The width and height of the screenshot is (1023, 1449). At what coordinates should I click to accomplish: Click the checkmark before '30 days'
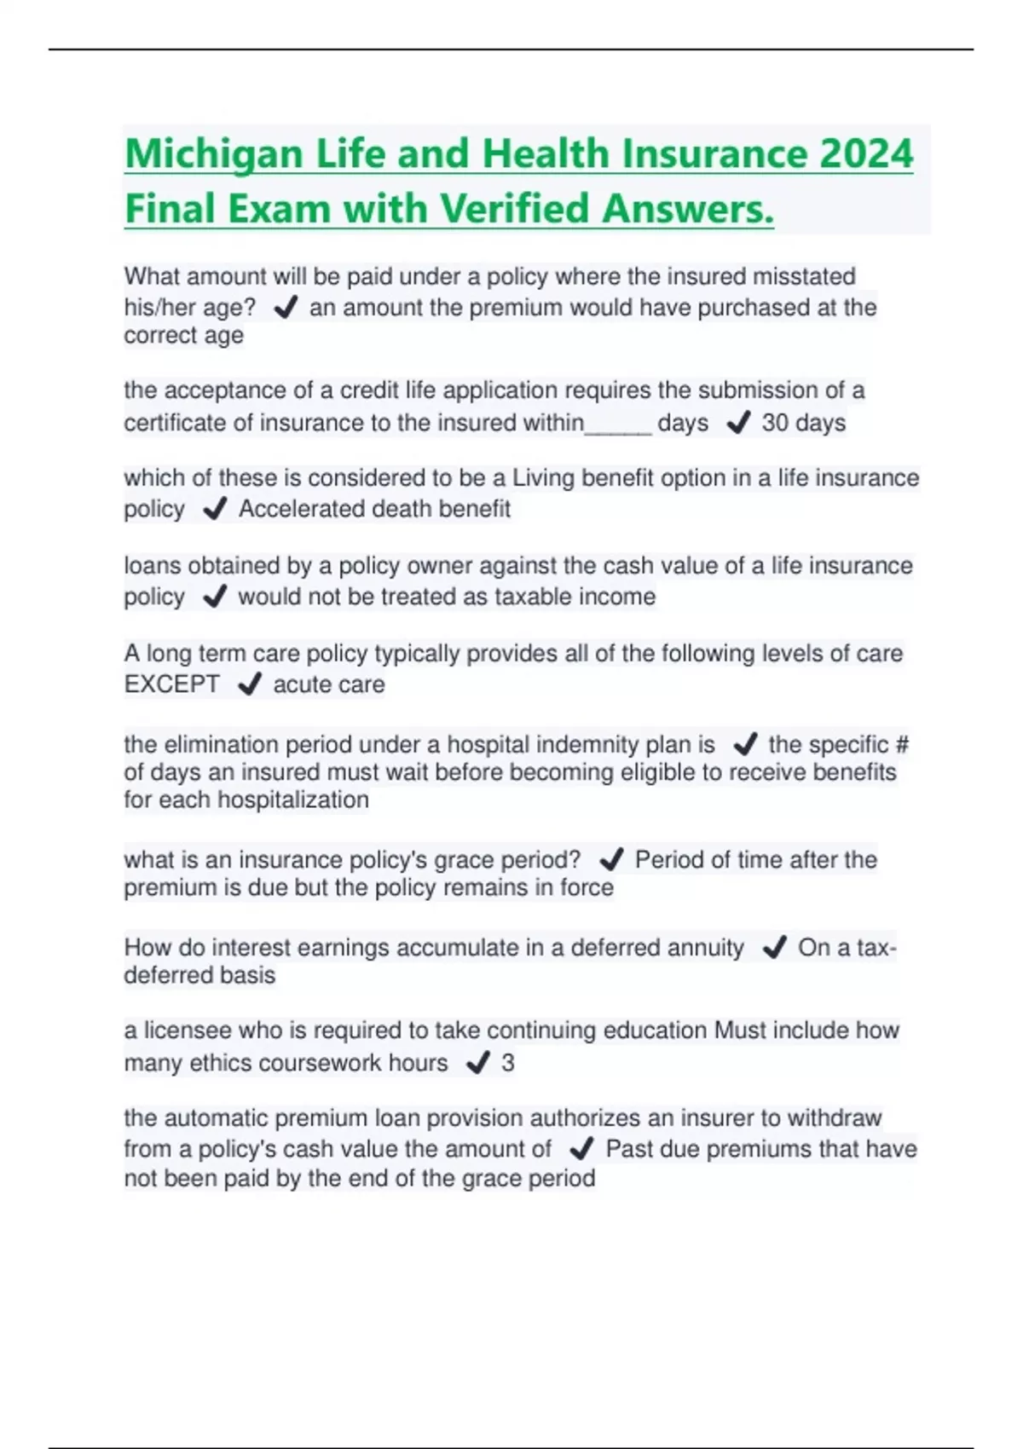[x=737, y=423]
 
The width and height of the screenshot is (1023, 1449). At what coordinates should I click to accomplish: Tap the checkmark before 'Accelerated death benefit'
[x=215, y=509]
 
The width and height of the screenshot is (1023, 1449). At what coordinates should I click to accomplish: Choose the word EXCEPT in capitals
[x=171, y=684]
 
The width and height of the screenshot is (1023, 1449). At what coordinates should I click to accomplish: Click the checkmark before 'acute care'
[x=249, y=684]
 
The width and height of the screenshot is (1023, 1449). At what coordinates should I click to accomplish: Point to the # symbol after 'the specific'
[x=901, y=745]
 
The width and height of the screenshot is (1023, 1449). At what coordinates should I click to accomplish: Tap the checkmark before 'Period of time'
[x=611, y=859]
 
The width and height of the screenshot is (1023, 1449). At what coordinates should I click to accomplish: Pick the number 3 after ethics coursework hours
[x=508, y=1063]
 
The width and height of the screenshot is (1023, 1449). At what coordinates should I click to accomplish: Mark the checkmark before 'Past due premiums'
[x=581, y=1149]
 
